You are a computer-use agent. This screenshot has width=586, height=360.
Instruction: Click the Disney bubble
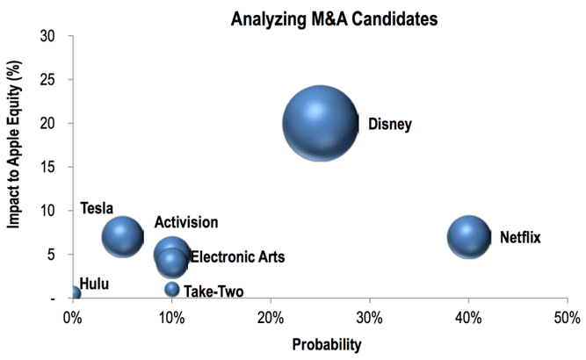click(x=321, y=123)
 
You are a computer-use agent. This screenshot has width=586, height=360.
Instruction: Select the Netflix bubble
click(x=468, y=236)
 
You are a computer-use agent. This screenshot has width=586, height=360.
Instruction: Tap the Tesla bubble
click(x=122, y=235)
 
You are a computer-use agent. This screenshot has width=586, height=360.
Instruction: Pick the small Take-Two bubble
click(x=172, y=289)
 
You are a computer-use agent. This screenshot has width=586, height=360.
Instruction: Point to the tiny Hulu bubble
click(x=76, y=292)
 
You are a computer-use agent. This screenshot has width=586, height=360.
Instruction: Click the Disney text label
click(x=389, y=124)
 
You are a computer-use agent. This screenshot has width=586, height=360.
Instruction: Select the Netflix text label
click(x=520, y=237)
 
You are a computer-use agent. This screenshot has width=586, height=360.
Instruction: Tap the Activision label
click(x=186, y=223)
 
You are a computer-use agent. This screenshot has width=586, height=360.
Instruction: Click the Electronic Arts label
click(x=237, y=257)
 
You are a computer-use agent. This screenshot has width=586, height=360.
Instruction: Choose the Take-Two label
click(x=213, y=292)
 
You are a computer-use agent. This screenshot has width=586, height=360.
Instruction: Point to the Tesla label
click(x=97, y=208)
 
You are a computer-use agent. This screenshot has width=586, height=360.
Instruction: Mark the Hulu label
click(x=94, y=284)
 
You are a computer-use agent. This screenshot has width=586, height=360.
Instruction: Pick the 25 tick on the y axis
click(x=47, y=80)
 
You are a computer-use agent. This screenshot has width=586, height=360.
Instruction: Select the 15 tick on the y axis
click(x=47, y=167)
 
